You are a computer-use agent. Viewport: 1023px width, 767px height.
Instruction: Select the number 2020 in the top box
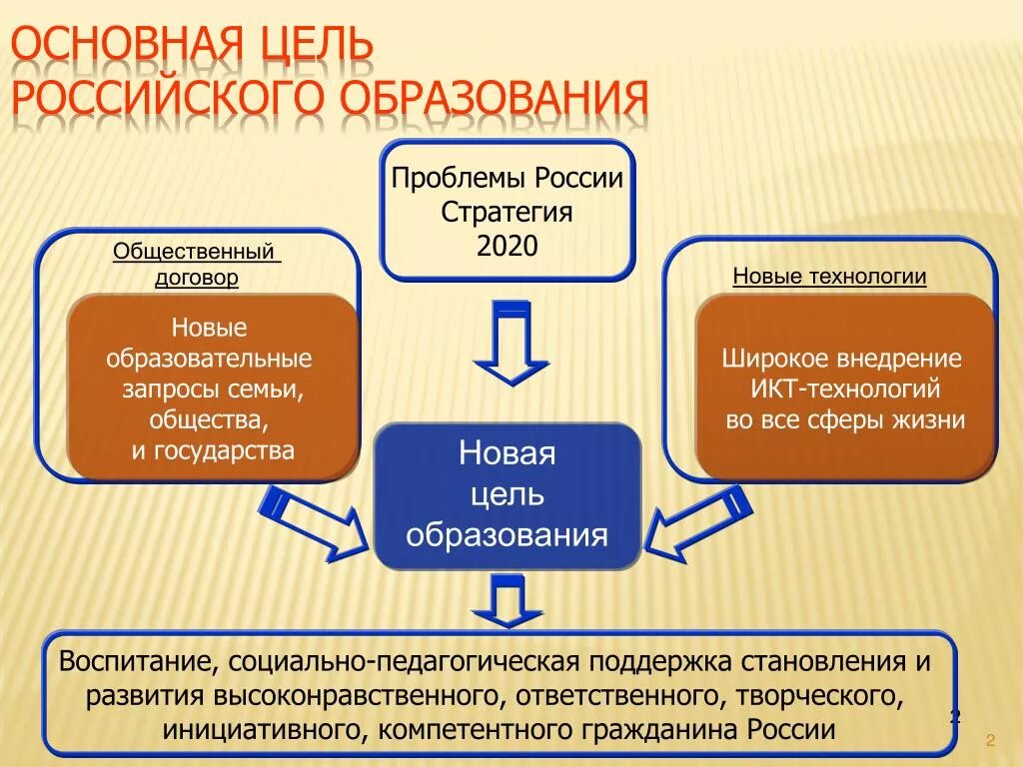tap(508, 247)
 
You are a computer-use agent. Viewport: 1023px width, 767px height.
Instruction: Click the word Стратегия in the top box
tap(508, 213)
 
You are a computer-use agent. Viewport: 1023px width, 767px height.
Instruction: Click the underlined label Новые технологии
tap(829, 277)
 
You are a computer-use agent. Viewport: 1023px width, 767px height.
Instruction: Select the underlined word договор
tap(197, 278)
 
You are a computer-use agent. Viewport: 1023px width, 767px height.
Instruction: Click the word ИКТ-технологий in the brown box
tap(845, 388)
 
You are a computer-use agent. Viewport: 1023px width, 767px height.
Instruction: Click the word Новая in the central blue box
tap(507, 454)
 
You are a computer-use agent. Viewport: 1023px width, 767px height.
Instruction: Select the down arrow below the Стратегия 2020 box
tap(511, 345)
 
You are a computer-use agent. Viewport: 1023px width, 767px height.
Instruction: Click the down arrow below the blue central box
tap(509, 601)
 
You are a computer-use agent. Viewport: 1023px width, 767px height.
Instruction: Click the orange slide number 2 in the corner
tap(989, 740)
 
